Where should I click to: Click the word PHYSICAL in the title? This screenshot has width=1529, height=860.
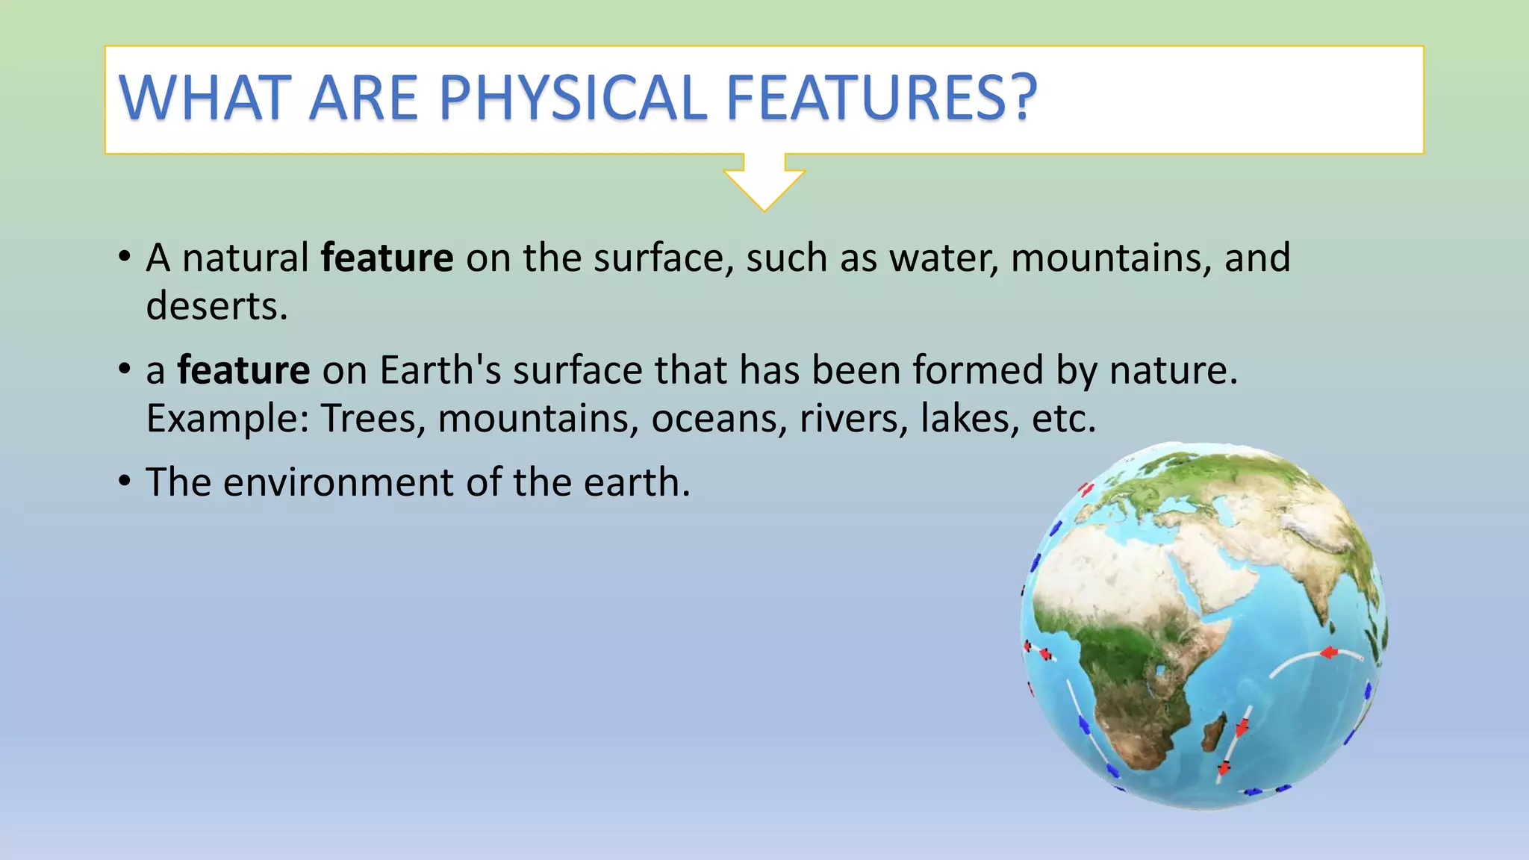[572, 98]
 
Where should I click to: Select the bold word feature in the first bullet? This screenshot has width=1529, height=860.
[387, 258]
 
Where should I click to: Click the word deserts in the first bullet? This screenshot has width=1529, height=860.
[217, 306]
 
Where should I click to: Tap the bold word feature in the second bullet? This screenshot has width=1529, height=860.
[243, 370]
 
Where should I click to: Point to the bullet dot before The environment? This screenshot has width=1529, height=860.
[125, 482]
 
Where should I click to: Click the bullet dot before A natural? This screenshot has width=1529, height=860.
[125, 258]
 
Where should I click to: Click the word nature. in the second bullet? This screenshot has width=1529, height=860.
[1173, 370]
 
